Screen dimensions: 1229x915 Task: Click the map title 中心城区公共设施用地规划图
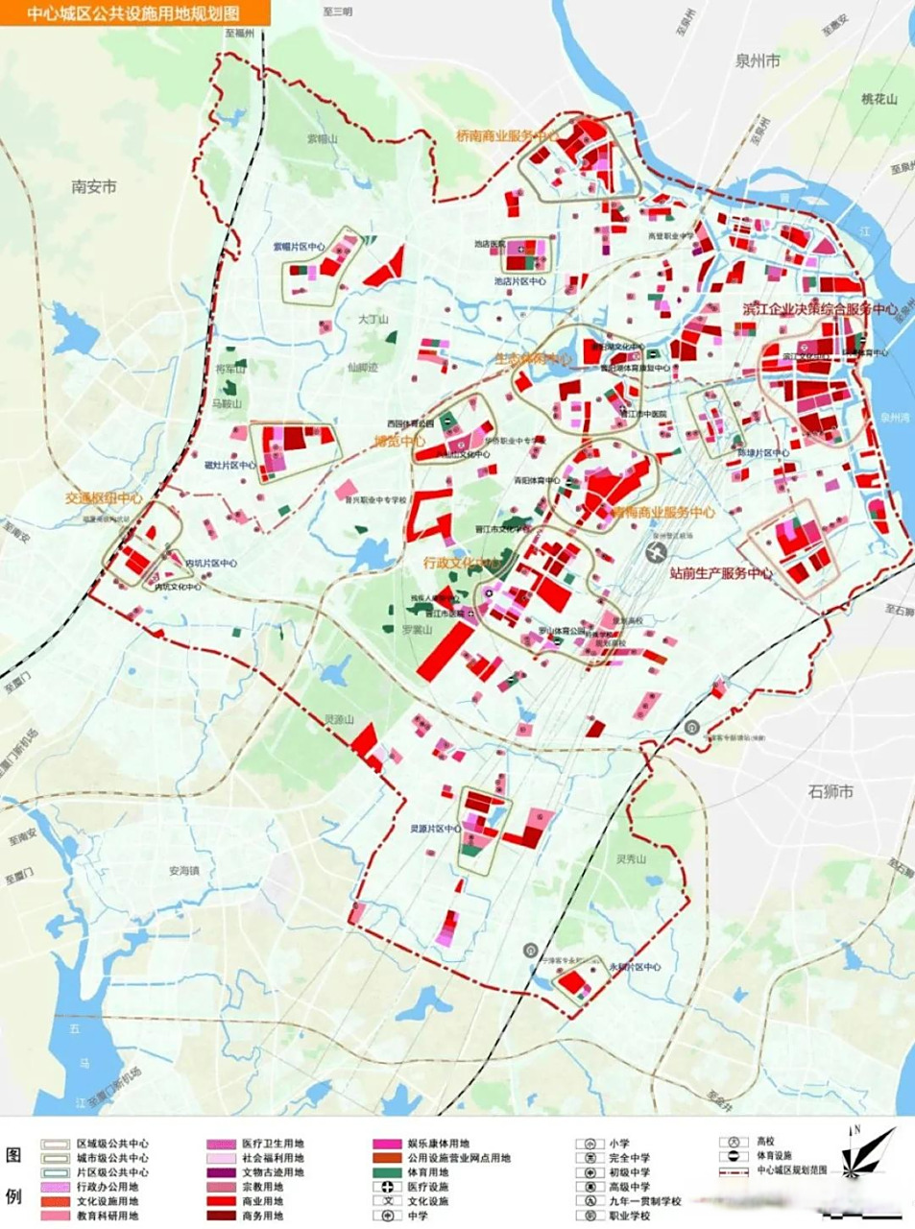134,12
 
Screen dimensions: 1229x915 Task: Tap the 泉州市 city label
758,60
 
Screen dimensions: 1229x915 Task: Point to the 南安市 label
94,186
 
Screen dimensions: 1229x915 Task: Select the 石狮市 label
830,792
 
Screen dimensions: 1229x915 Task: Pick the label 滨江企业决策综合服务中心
819,310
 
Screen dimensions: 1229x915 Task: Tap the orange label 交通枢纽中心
104,498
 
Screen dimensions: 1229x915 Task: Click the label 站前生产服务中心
721,573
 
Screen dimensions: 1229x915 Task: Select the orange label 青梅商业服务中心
663,513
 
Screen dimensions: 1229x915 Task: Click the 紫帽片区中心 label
299,247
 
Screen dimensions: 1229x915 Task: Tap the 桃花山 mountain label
879,99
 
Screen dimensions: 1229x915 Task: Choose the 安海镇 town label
184,871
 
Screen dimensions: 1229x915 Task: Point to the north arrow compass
867,1152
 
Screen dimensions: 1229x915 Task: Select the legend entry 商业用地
262,1201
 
